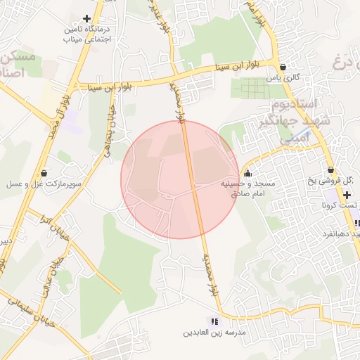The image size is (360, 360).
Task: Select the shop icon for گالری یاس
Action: (x=283, y=67)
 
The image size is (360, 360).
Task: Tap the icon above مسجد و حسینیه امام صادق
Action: (x=247, y=173)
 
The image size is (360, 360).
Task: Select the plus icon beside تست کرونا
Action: (x=347, y=194)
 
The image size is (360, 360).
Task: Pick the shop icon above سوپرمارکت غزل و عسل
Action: (x=45, y=172)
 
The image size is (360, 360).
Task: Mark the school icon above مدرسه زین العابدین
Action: (x=214, y=321)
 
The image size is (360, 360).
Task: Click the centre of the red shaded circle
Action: (x=180, y=179)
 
